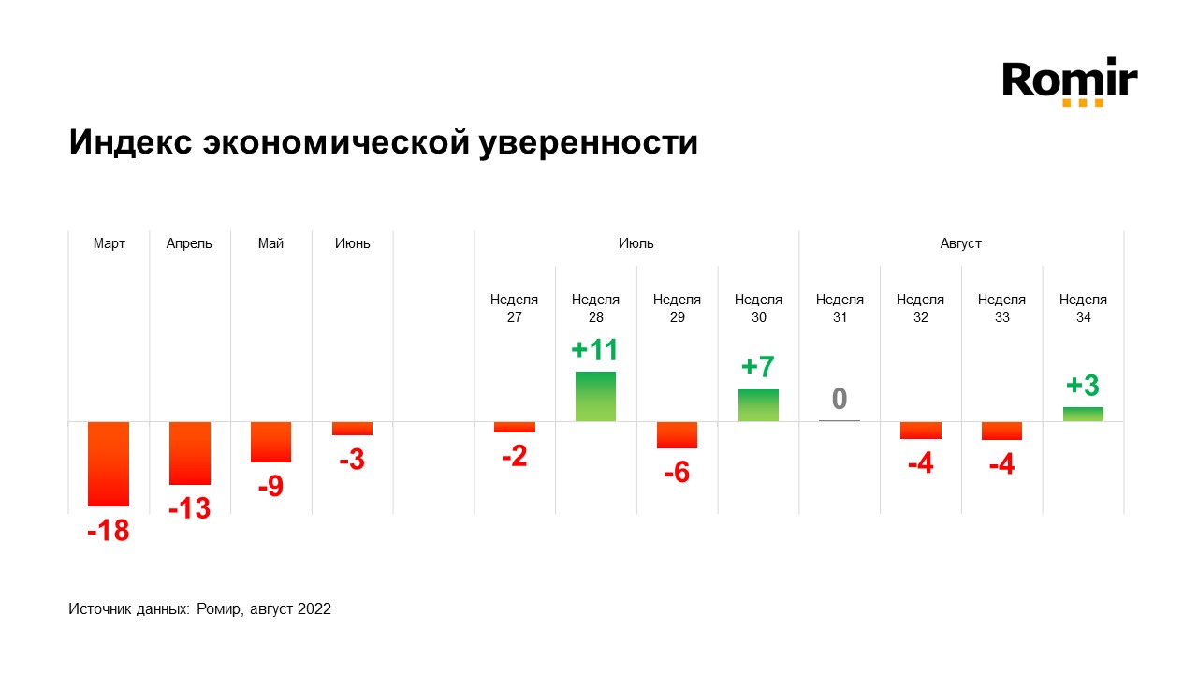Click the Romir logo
1070,82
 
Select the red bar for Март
109,463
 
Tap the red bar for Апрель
190,453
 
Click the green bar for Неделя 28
595,396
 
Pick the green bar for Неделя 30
758,404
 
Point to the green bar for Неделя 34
1083,414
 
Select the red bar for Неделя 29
677,434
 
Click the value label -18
108,532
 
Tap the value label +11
595,350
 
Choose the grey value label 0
840,399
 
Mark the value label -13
189,509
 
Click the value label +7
758,367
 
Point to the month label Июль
636,243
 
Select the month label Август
961,243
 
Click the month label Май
270,243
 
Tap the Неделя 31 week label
840,308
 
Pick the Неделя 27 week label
514,308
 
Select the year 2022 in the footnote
314,608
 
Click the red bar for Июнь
352,429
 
